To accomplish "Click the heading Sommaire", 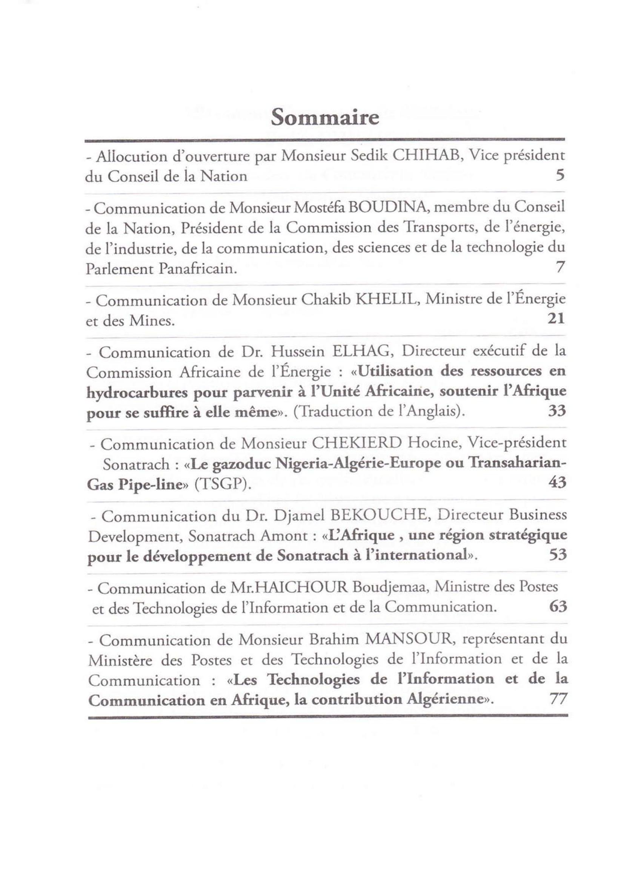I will (x=325, y=118).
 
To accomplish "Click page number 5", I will (x=560, y=176).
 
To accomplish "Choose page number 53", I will (x=558, y=555).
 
